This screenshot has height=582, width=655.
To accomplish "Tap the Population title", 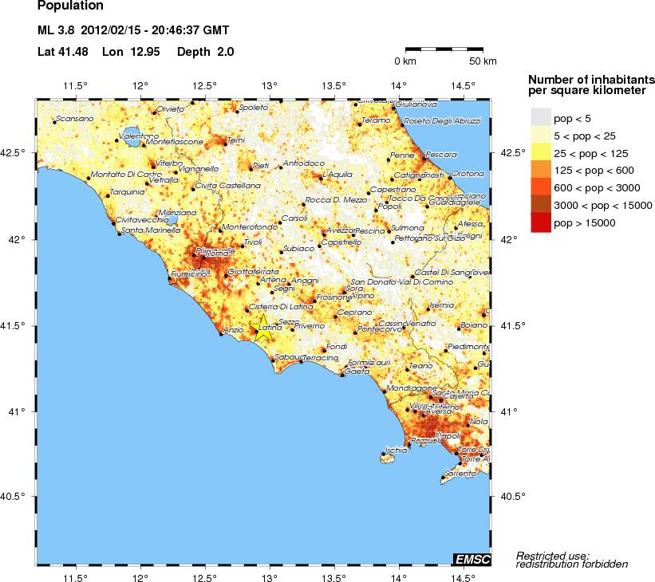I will pos(70,6).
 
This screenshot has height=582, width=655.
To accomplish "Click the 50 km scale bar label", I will pos(483,61).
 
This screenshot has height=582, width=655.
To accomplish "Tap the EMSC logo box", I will pos(472,559).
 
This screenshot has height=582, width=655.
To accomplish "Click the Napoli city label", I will pos(450,435).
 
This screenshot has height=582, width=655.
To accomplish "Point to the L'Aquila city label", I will pos(337,175).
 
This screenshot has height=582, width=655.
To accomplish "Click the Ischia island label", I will pos(396,450).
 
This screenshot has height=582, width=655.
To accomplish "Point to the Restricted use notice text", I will pos(553,560).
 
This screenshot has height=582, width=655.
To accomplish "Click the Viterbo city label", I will pos(168,163).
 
